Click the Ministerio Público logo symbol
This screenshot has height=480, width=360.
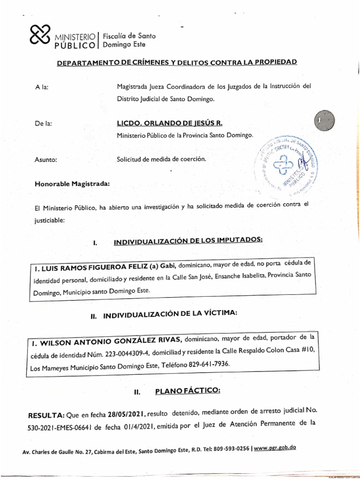(x=40, y=36)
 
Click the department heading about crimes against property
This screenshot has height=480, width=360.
(x=177, y=62)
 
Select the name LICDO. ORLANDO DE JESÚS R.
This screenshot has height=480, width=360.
(x=169, y=123)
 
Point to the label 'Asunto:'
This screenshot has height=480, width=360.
(x=45, y=160)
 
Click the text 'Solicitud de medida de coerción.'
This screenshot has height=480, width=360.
(x=161, y=159)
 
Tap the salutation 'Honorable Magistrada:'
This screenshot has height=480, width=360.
(x=72, y=184)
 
